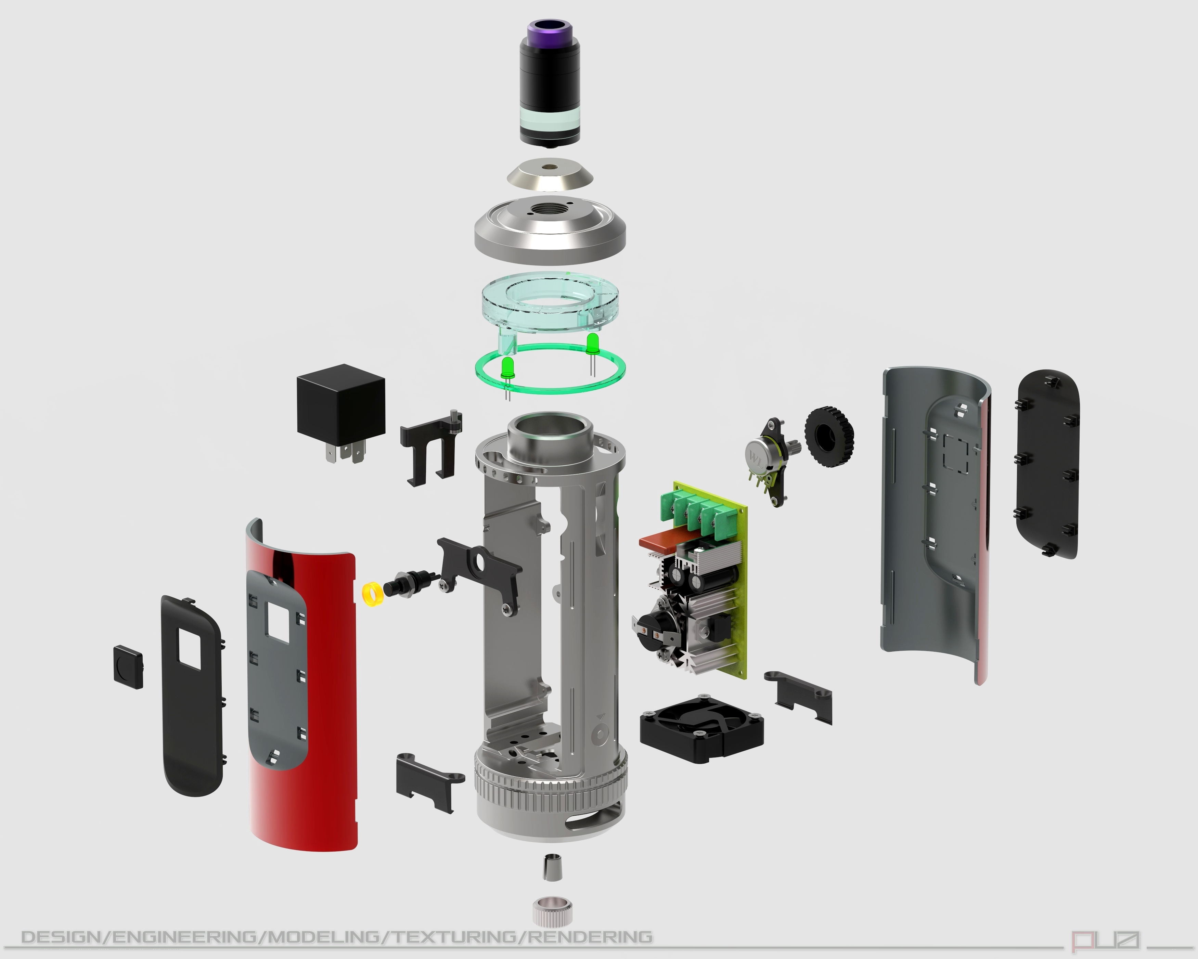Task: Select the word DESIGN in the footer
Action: [x=62, y=937]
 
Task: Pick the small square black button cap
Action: [x=128, y=667]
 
